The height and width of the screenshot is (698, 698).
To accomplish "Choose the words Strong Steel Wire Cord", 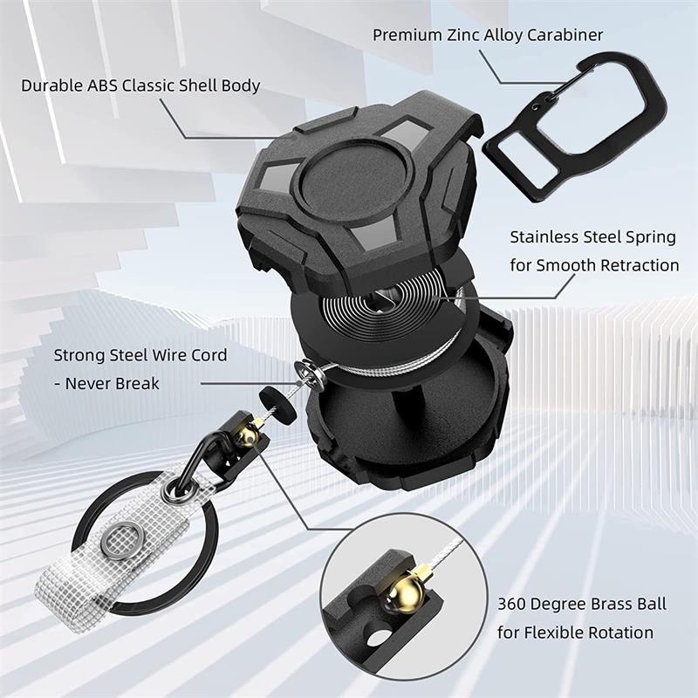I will pos(140,355).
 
